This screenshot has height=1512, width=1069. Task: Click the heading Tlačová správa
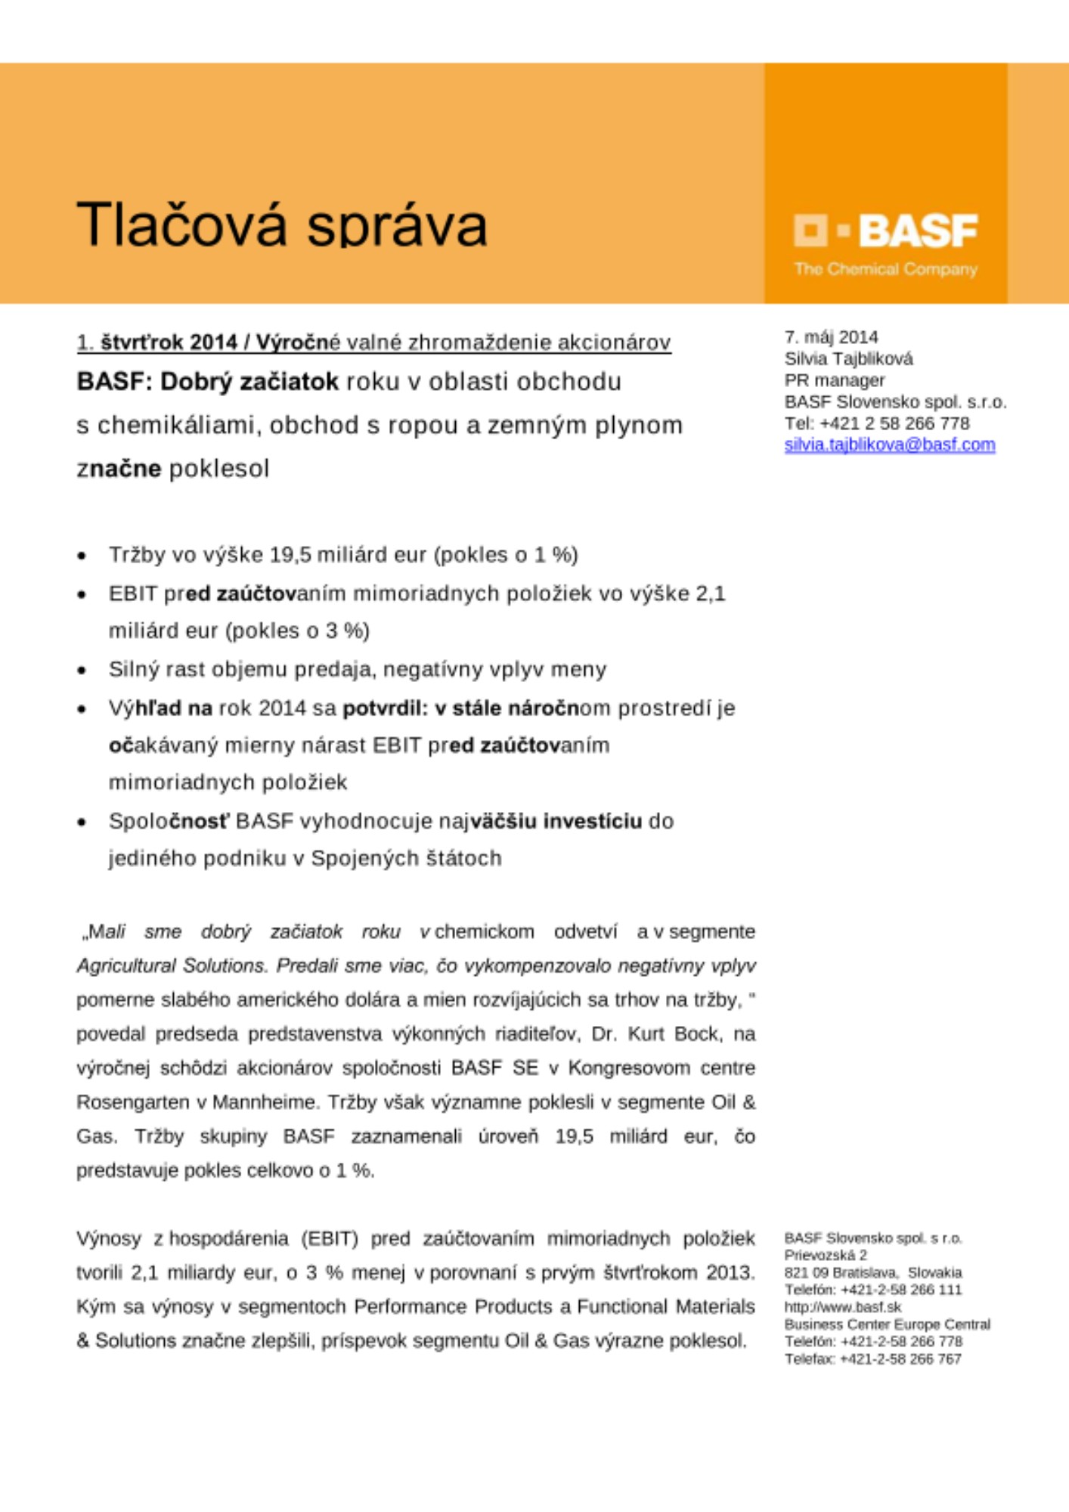tap(281, 225)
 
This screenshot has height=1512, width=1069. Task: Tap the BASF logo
tap(885, 231)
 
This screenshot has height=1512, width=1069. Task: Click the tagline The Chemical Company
tap(885, 269)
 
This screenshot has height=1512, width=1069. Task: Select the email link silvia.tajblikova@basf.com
tap(889, 445)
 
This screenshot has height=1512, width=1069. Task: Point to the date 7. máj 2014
tap(831, 337)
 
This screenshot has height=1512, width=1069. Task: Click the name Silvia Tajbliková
tap(848, 358)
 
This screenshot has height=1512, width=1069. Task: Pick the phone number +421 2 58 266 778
tap(894, 423)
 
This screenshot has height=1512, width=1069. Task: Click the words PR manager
tap(834, 380)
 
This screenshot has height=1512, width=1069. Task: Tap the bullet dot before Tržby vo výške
tap(82, 556)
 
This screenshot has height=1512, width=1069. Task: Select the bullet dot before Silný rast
tap(82, 671)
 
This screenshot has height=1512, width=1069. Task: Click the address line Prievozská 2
tap(826, 1255)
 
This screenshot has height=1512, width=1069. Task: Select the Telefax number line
tap(872, 1359)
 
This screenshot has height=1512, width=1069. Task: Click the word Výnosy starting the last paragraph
tap(108, 1238)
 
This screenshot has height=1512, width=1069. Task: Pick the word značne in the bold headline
tap(119, 469)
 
